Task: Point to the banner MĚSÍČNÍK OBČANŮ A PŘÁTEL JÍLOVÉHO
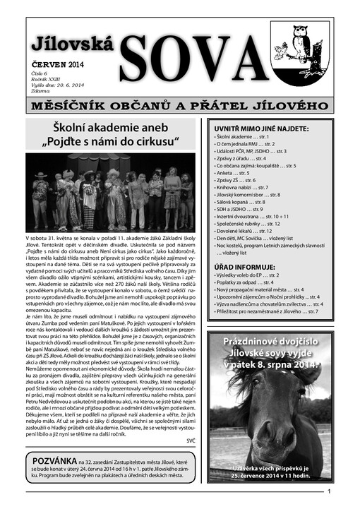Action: (179, 107)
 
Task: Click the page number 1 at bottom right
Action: (328, 493)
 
